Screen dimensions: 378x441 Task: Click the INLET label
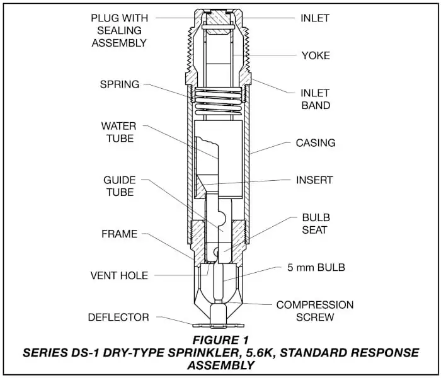(314, 18)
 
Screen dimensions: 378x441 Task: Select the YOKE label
(315, 56)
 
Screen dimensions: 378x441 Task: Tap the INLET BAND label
(314, 100)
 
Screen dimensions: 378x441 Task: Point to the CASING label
(316, 143)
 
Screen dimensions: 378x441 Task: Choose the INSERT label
(314, 180)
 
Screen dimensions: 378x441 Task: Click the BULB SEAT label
(315, 224)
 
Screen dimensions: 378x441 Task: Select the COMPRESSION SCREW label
(314, 311)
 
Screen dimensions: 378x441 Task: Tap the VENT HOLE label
(120, 275)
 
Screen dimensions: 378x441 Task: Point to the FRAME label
(120, 234)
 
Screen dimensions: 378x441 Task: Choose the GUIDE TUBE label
(120, 186)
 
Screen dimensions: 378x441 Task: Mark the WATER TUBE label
(120, 132)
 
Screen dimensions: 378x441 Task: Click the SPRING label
(120, 84)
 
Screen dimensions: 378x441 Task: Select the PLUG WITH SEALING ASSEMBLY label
(119, 30)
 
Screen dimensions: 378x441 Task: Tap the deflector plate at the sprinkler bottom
(219, 324)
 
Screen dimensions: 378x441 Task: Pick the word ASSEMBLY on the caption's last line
(219, 365)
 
